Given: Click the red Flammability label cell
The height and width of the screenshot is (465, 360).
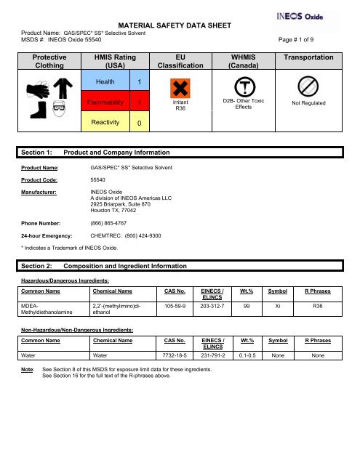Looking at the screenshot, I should coord(110,103).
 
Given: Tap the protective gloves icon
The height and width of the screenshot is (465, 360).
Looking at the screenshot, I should coord(35,91).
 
